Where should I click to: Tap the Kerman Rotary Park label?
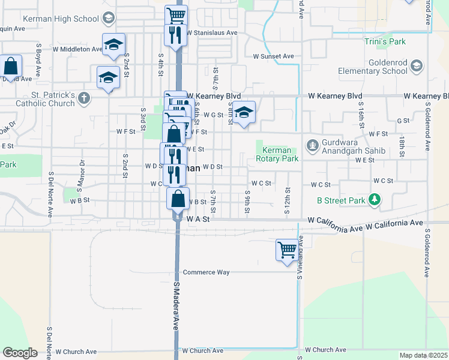[277, 155]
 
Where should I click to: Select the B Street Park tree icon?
[375, 198]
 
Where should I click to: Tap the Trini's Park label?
[385, 41]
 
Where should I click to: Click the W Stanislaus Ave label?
[212, 32]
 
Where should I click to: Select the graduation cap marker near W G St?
[244, 112]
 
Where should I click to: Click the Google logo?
[20, 353]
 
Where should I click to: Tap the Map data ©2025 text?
[424, 355]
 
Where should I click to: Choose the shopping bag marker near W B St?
[178, 199]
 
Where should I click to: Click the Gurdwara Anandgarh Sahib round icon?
[312, 145]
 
